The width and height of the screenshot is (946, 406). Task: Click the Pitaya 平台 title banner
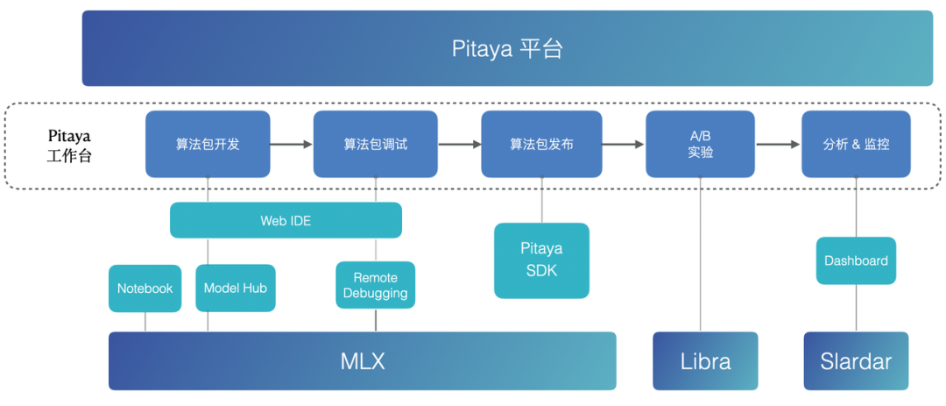(x=507, y=48)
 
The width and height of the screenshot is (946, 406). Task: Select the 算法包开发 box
(x=208, y=144)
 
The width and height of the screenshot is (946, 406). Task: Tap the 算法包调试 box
(x=375, y=144)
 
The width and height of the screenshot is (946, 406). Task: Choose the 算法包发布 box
(x=541, y=144)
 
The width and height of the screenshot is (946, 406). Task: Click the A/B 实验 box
(x=700, y=144)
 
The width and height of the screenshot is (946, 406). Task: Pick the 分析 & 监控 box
(x=856, y=144)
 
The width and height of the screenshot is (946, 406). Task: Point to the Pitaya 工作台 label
(x=69, y=146)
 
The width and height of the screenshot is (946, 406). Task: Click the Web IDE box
(x=286, y=220)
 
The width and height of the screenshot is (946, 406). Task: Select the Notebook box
(x=145, y=288)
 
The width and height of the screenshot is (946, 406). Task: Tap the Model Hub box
(x=235, y=288)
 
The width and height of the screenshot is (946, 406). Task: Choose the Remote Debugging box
(x=375, y=285)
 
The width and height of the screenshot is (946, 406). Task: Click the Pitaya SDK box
(x=541, y=260)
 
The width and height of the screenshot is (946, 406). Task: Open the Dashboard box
(x=856, y=260)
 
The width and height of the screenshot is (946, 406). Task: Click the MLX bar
(x=362, y=360)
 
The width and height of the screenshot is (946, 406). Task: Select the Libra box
(x=705, y=360)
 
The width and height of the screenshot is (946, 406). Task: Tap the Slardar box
(x=856, y=360)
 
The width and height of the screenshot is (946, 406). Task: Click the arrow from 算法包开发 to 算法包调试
(x=291, y=144)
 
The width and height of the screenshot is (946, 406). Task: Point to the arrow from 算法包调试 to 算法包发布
(x=458, y=144)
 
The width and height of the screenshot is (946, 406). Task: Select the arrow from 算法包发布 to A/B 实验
(x=624, y=144)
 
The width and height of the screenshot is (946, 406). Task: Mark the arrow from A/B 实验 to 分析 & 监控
(x=778, y=144)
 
